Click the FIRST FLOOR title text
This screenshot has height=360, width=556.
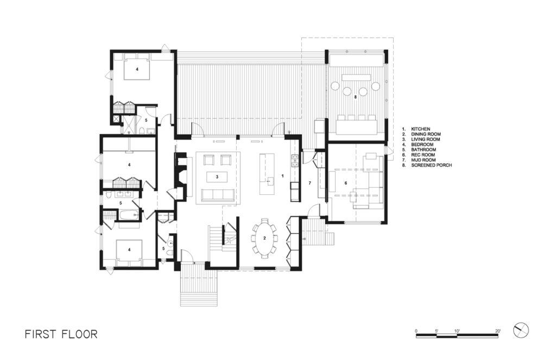61,334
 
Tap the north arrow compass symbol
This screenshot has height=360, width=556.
521,331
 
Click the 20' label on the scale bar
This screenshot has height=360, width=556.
498,331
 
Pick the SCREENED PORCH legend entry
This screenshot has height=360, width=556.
427,165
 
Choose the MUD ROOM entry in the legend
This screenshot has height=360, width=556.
419,160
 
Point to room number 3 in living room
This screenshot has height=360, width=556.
217,176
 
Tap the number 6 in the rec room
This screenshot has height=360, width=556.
346,183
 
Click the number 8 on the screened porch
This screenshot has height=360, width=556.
355,97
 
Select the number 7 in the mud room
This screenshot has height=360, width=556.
309,183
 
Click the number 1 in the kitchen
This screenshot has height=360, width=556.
282,175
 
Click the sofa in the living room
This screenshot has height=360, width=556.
218,194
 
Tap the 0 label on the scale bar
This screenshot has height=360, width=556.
416,331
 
